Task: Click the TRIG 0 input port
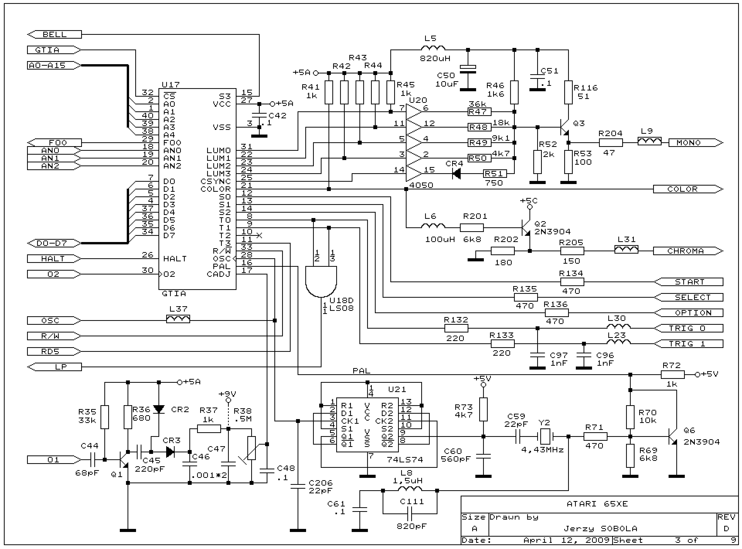pyautogui.click(x=688, y=328)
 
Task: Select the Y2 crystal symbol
pyautogui.click(x=545, y=436)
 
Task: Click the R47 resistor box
pyautogui.click(x=479, y=112)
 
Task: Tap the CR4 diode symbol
pyautogui.click(x=456, y=173)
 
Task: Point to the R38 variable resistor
pyautogui.click(x=251, y=448)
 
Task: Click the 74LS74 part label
pyautogui.click(x=405, y=460)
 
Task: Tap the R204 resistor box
pyautogui.click(x=610, y=143)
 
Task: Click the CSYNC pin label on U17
pyautogui.click(x=216, y=182)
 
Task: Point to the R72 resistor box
pyautogui.click(x=672, y=374)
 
